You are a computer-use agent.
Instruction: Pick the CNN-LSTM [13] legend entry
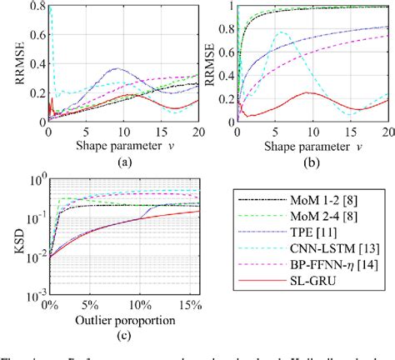point(321,252)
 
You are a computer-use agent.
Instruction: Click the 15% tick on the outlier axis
point(182,306)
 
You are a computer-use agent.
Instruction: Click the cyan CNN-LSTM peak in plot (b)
point(282,32)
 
